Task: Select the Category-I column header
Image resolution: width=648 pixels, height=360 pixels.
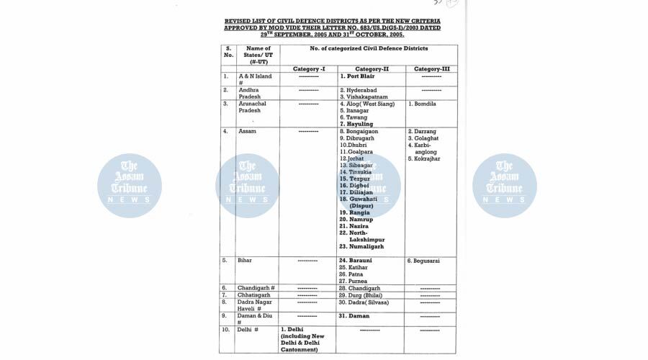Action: pos(309,68)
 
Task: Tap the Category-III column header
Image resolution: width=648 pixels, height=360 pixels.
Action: pos(431,68)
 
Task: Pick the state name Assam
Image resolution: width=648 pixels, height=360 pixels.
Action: pos(248,132)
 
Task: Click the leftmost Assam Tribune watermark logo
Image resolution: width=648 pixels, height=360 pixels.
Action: pos(130,186)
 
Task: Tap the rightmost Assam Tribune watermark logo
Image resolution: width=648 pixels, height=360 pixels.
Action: pos(505,186)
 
